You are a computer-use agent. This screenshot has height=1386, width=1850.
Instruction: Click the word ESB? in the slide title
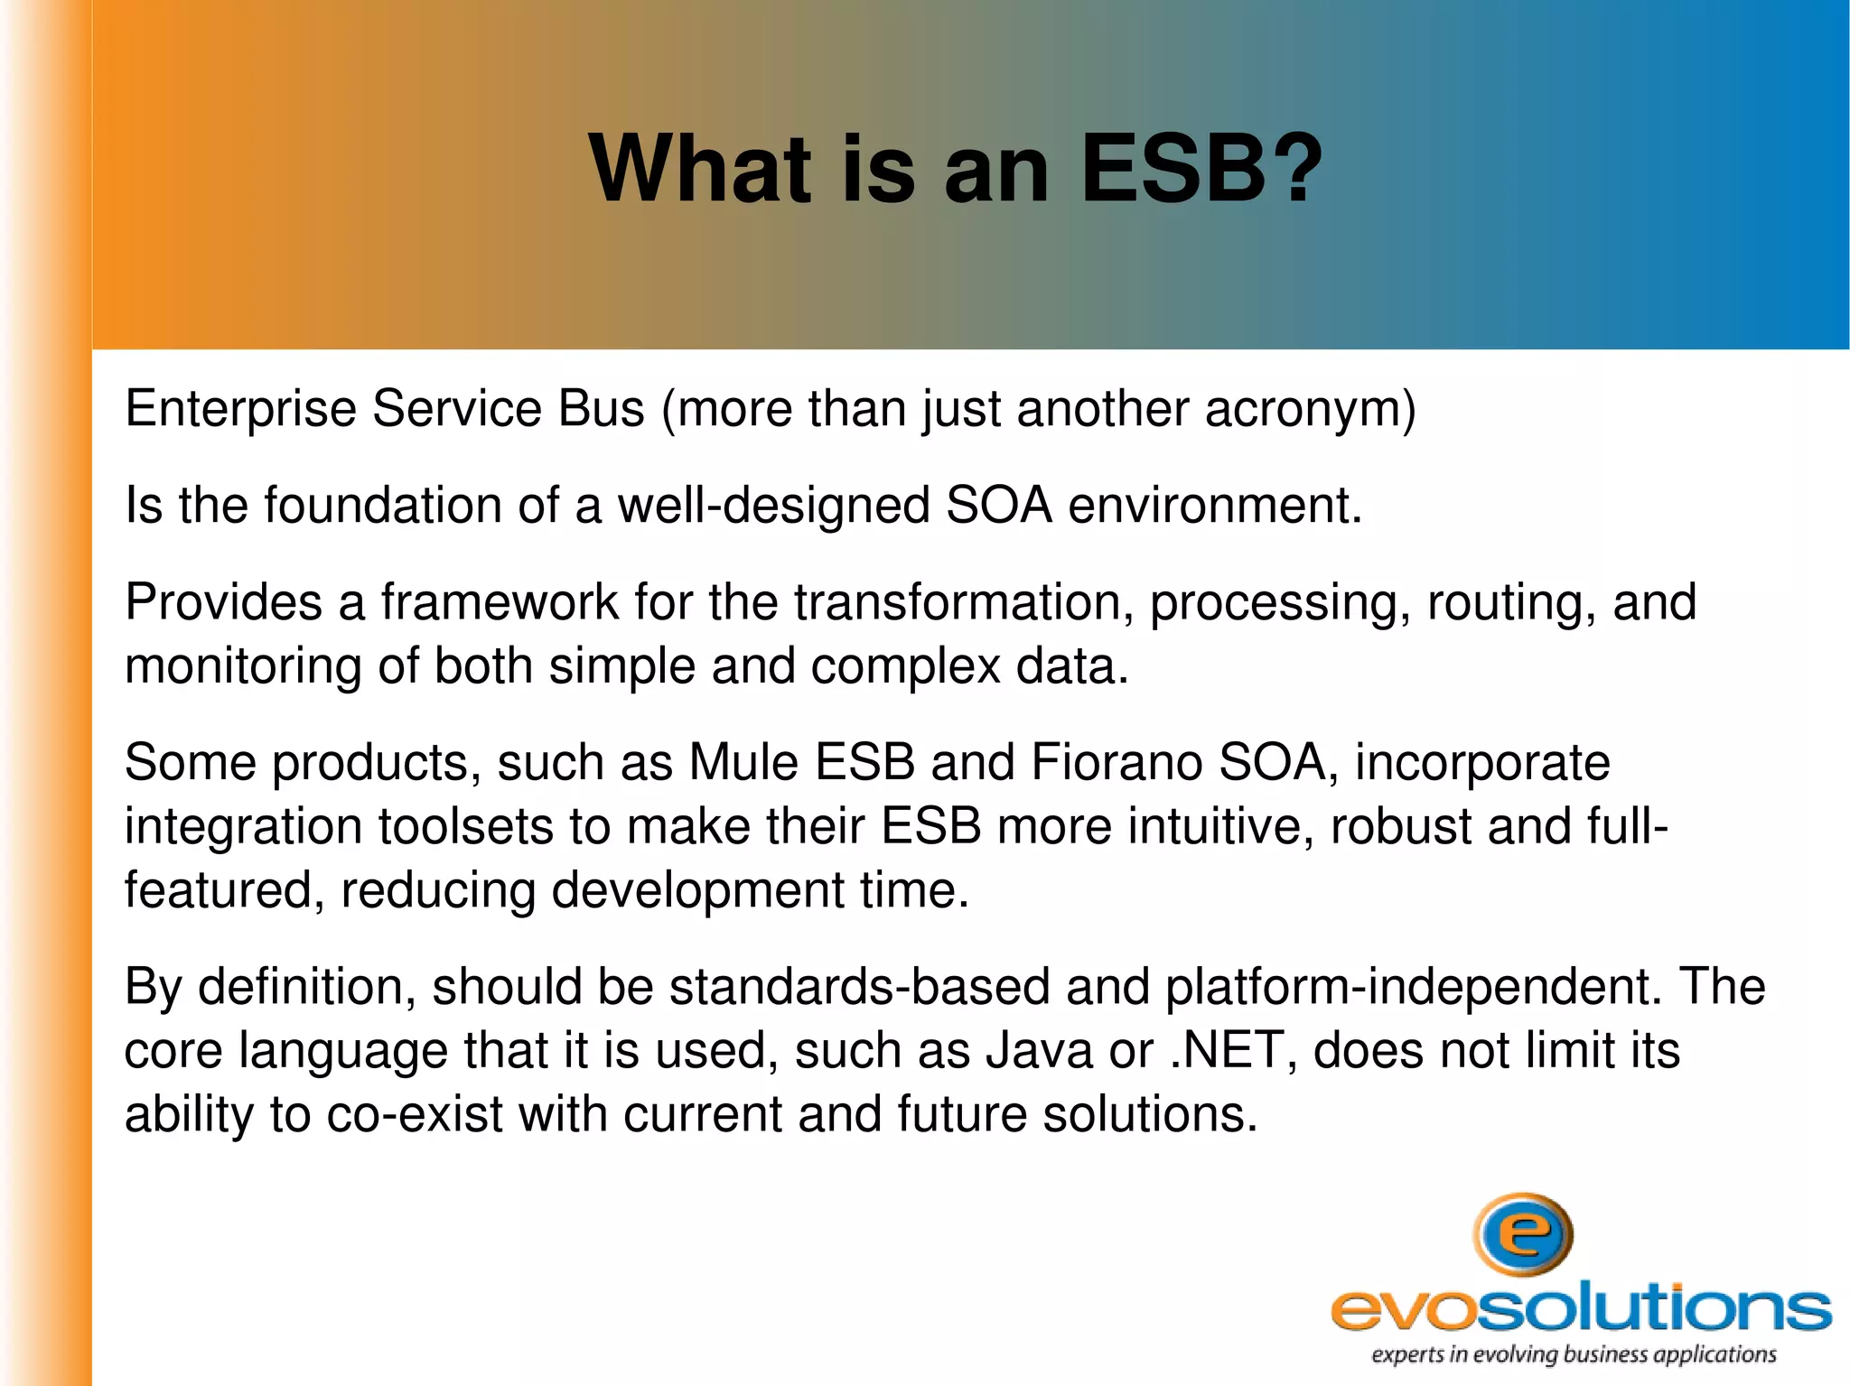[1201, 169]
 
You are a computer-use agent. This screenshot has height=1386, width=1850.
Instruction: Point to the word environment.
[1215, 506]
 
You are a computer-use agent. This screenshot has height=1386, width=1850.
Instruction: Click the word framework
[499, 602]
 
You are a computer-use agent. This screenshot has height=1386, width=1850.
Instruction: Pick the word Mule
[743, 763]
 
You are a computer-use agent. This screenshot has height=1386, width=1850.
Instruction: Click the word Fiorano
[1117, 763]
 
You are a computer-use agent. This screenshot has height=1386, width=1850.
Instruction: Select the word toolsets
[465, 827]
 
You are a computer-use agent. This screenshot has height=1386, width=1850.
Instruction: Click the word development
[697, 891]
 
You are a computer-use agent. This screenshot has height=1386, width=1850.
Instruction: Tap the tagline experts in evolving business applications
[1574, 1354]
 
